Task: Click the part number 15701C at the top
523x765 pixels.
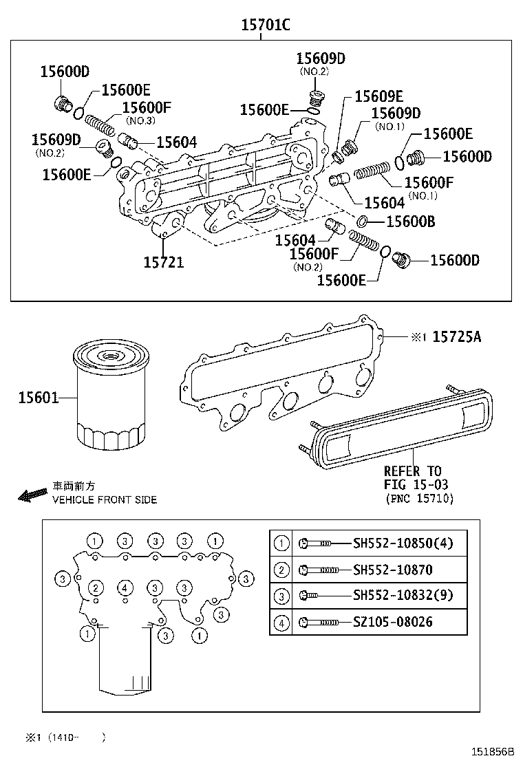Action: click(265, 25)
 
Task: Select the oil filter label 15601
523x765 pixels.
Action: click(38, 398)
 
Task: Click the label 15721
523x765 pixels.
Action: click(164, 262)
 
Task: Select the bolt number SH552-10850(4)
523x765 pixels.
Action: click(403, 543)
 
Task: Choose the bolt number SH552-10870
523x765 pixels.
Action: click(392, 570)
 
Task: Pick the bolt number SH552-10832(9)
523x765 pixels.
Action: click(403, 595)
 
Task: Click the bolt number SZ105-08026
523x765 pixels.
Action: click(392, 622)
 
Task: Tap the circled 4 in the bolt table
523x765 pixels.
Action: click(281, 622)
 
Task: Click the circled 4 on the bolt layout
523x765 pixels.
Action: click(125, 588)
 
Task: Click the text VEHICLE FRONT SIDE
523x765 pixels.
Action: click(105, 499)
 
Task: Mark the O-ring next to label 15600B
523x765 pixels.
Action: click(362, 221)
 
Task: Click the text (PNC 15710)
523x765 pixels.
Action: click(419, 499)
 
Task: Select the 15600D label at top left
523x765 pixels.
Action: click(65, 71)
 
